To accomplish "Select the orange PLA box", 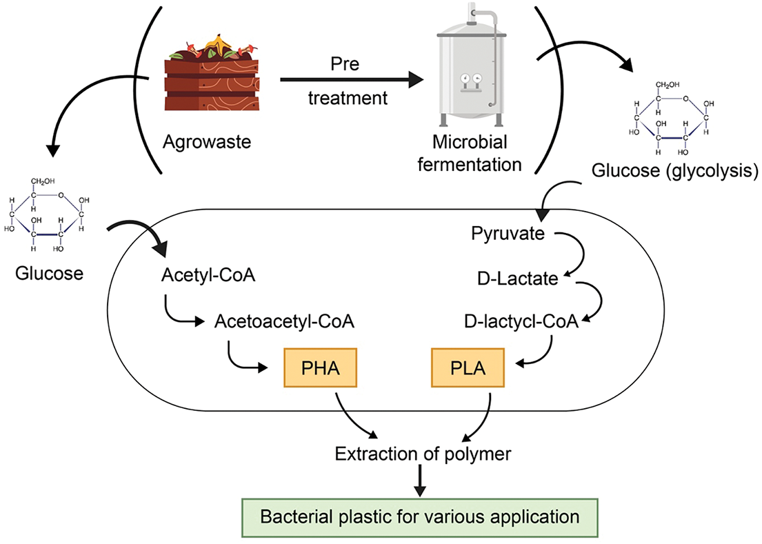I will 468,369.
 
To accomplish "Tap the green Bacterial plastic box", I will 418,516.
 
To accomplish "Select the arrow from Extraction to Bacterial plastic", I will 419,481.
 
